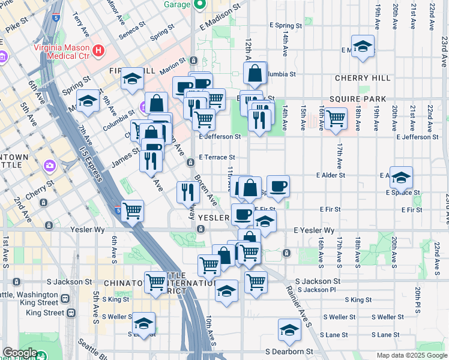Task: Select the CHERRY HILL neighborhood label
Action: tap(363, 78)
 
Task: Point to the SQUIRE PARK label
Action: tap(357, 99)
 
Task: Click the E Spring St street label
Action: tap(286, 26)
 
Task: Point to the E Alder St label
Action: tap(331, 175)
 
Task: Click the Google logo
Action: tap(20, 353)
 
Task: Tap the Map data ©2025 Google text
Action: tap(412, 355)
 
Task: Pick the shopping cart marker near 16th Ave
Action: tap(336, 118)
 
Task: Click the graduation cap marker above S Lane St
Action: tap(289, 329)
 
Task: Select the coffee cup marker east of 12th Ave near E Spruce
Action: tap(277, 186)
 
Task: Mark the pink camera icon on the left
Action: tap(50, 165)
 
